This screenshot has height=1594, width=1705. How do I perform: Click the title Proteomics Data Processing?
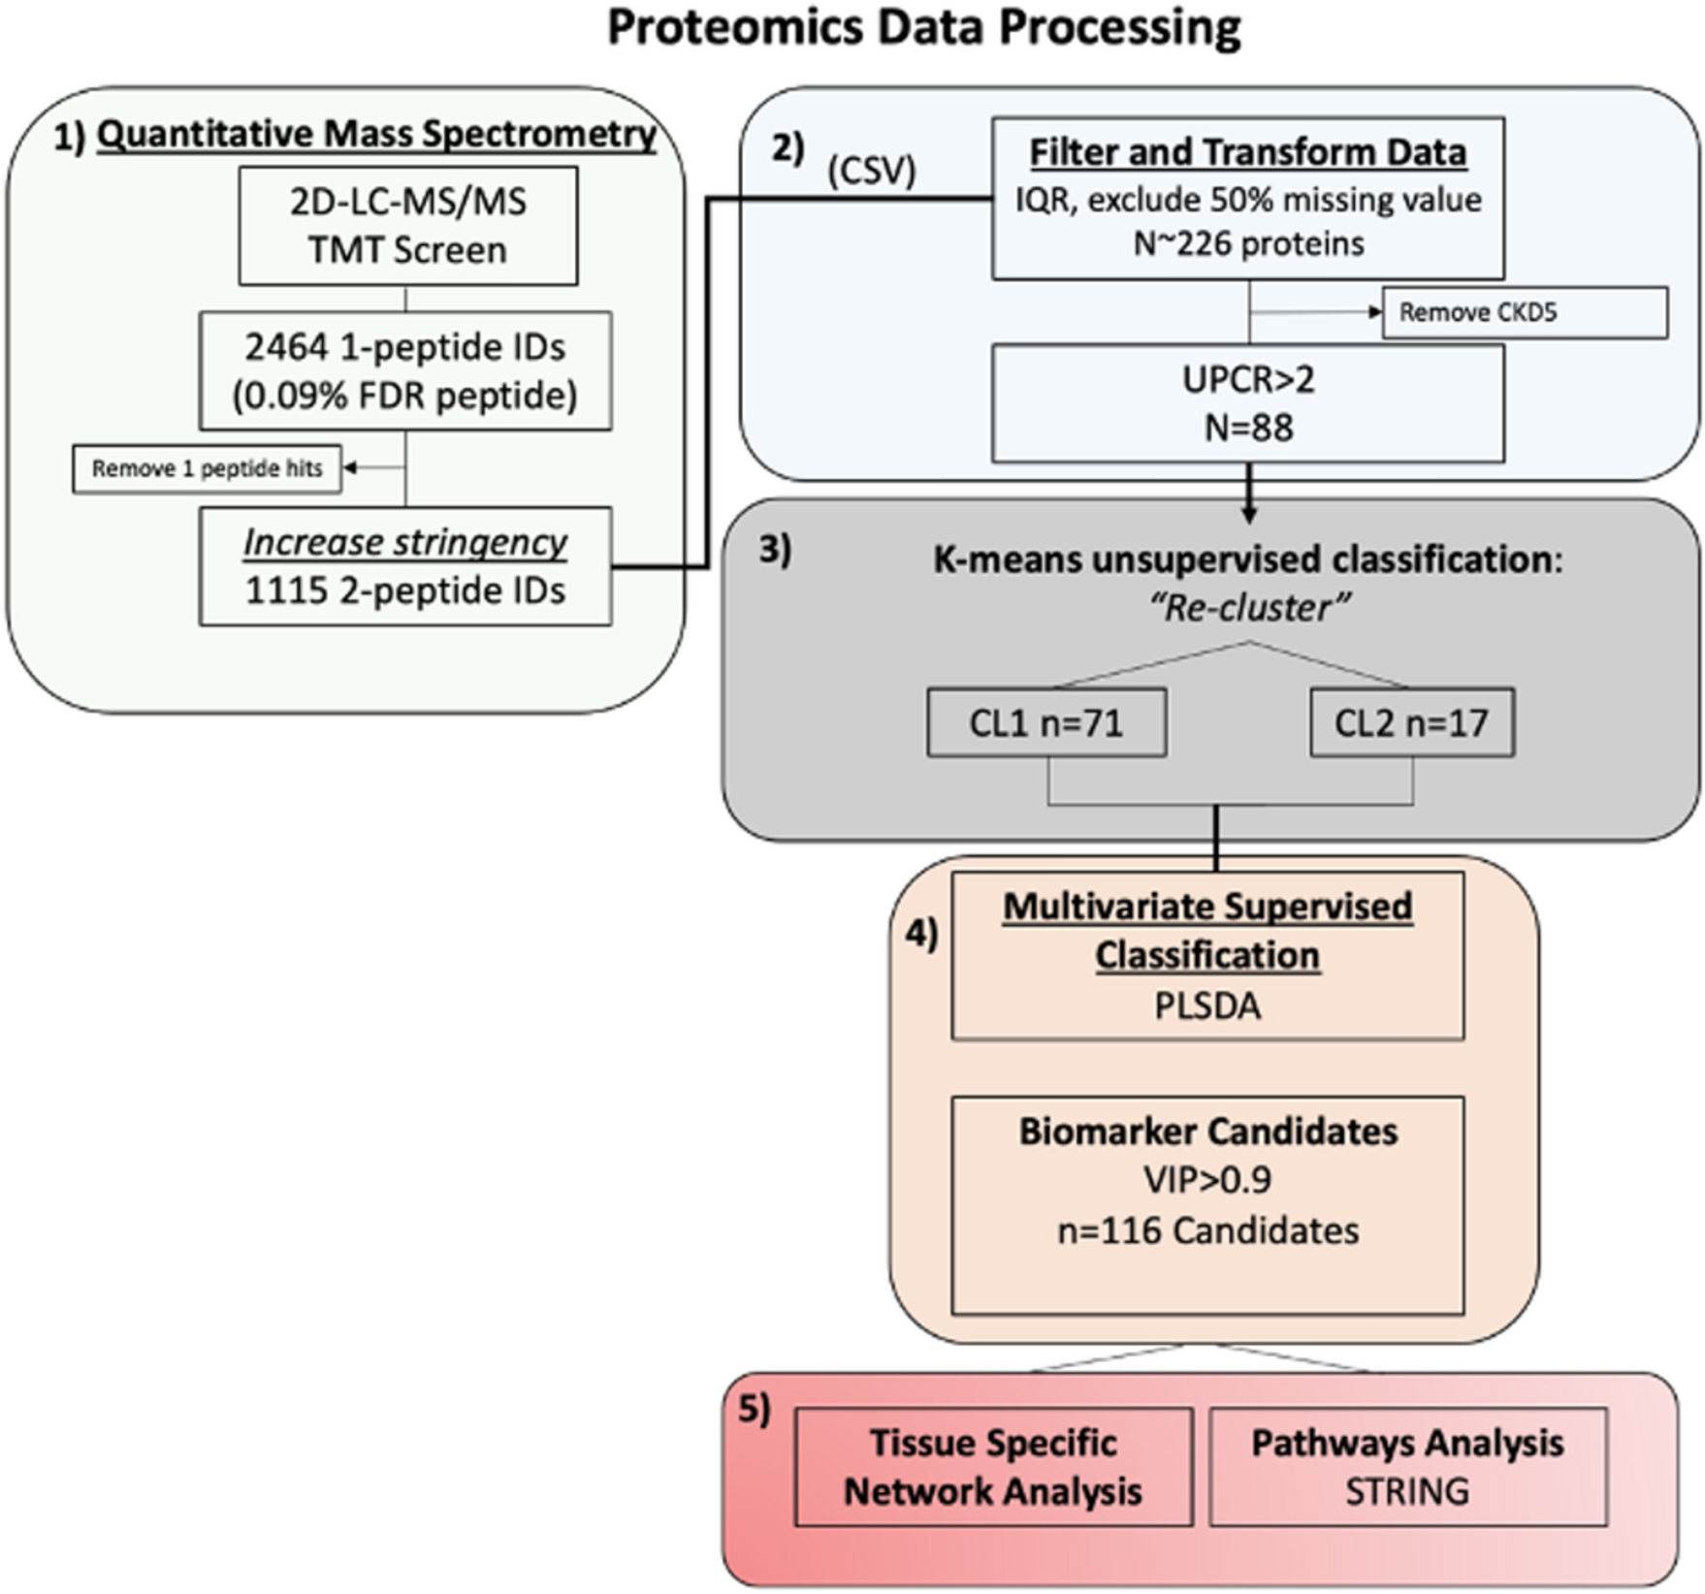click(923, 27)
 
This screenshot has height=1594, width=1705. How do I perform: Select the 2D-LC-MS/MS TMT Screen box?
click(408, 226)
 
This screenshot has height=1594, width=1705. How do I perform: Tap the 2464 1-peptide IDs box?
click(405, 370)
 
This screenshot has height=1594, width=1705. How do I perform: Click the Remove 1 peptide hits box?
click(207, 468)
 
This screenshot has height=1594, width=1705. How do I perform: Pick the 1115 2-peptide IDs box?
click(405, 566)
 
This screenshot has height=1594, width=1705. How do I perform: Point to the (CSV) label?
click(871, 171)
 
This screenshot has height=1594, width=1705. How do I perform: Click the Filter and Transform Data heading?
click(1247, 152)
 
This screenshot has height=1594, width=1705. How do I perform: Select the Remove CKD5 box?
click(1525, 312)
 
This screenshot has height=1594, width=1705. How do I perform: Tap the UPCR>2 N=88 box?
click(1248, 403)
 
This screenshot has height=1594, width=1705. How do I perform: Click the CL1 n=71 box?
click(1046, 722)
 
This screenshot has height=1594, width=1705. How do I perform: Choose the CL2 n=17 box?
click(1411, 722)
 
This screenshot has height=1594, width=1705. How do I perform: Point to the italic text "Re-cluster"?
click(1249, 608)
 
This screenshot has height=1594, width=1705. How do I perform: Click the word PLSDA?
click(1207, 1005)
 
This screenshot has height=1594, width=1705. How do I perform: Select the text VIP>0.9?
click(1207, 1179)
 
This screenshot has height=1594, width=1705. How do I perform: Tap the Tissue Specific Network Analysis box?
click(993, 1467)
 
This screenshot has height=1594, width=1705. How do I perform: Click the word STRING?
click(1406, 1491)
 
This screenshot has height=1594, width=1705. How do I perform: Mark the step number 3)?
click(774, 550)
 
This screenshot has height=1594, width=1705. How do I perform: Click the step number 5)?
click(755, 1409)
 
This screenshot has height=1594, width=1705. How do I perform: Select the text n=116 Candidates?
click(1207, 1230)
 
